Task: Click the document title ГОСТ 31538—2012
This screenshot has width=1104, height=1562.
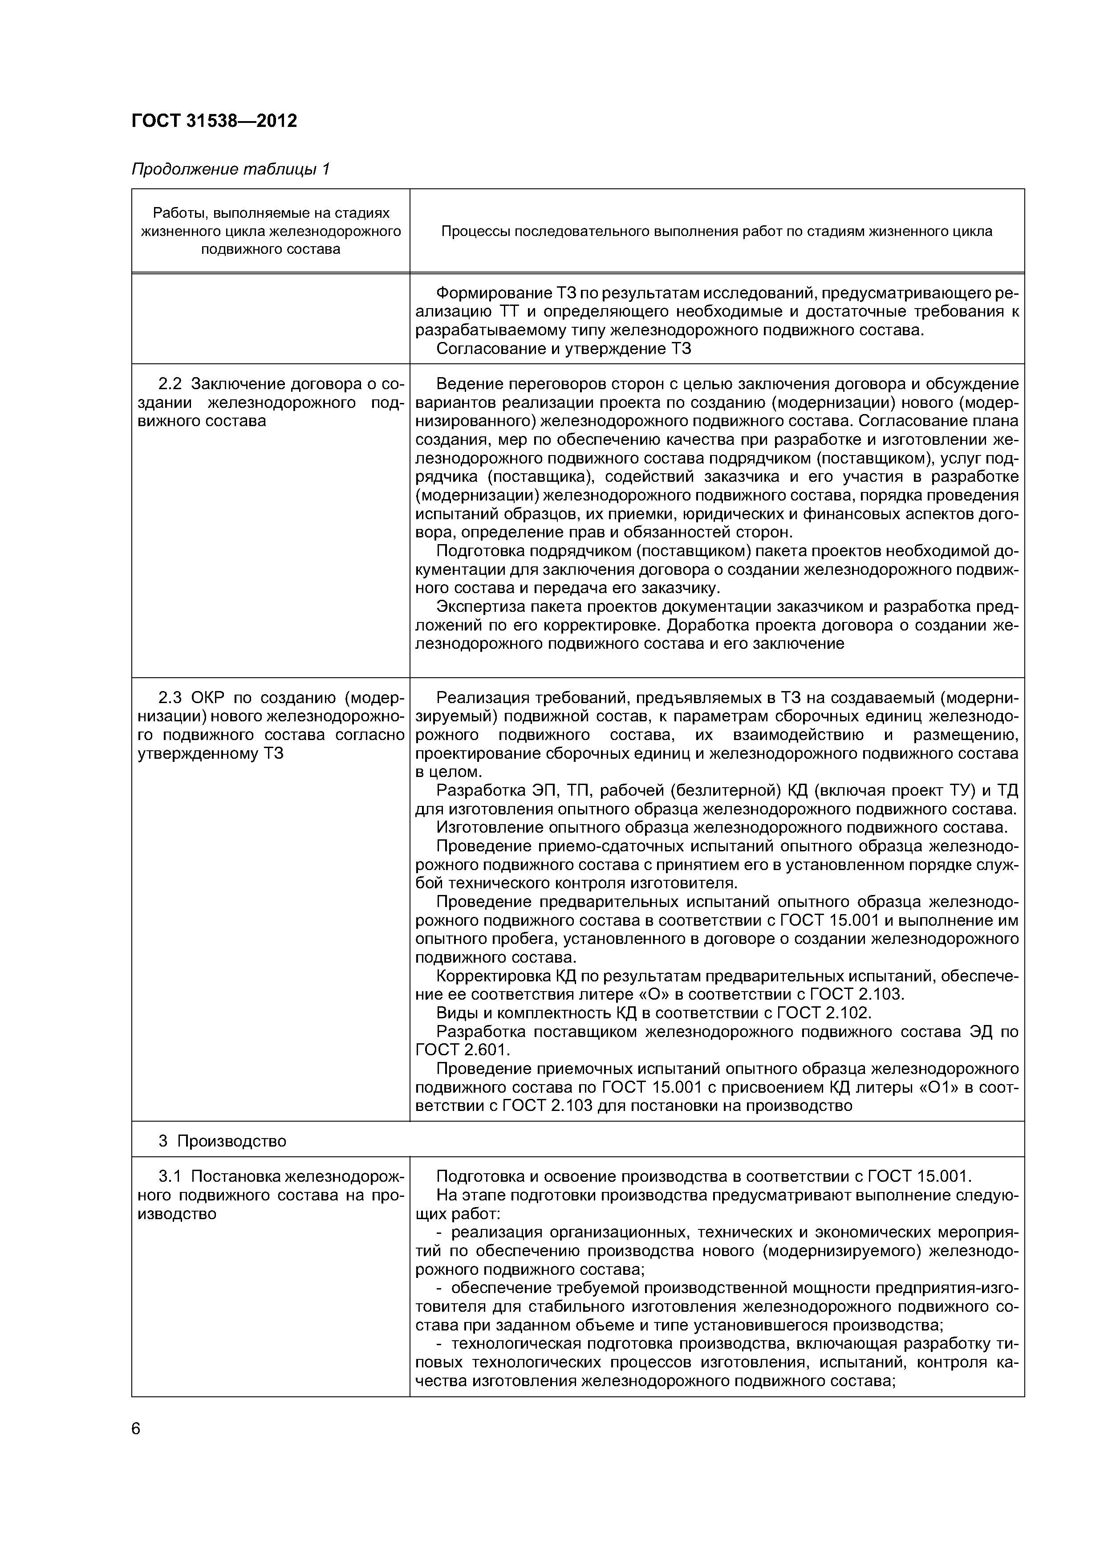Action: (214, 121)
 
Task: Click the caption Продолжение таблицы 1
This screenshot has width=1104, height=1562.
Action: (230, 169)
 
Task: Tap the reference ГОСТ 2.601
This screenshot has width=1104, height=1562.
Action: (462, 1050)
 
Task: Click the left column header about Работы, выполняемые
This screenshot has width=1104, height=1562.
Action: (271, 231)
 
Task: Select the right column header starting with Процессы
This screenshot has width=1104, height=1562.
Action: (716, 231)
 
